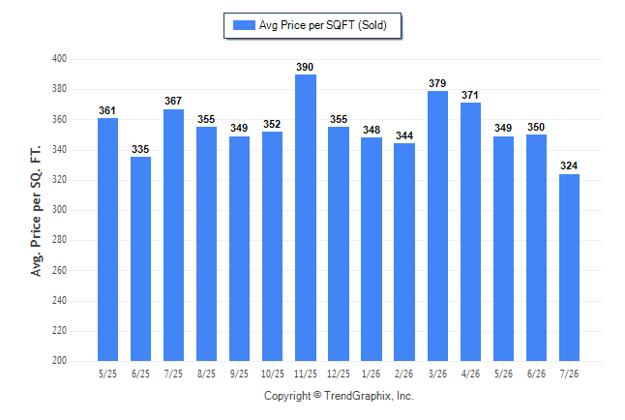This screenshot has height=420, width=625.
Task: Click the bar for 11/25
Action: pyautogui.click(x=306, y=218)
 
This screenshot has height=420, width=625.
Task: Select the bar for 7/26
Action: pyautogui.click(x=569, y=268)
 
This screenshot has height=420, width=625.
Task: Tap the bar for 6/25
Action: pyautogui.click(x=140, y=258)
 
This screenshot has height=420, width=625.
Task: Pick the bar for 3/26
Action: pyautogui.click(x=437, y=226)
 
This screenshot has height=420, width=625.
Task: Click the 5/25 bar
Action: pyautogui.click(x=107, y=239)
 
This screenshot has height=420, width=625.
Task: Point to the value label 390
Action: pyautogui.click(x=305, y=67)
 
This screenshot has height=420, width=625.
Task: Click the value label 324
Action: pyautogui.click(x=569, y=165)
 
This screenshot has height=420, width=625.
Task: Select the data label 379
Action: pyautogui.click(x=437, y=83)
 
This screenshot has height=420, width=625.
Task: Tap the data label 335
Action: pyautogui.click(x=140, y=149)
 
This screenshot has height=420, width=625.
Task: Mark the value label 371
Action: pyautogui.click(x=470, y=95)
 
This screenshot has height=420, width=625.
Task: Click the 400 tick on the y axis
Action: pyautogui.click(x=59, y=59)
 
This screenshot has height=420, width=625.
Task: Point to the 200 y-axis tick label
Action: pyautogui.click(x=59, y=360)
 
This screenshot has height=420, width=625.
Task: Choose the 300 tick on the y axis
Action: pyautogui.click(x=59, y=209)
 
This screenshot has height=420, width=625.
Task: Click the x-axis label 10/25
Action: pyautogui.click(x=273, y=374)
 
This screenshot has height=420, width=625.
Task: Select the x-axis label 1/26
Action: pyautogui.click(x=372, y=374)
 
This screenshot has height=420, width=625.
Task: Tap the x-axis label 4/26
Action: pyautogui.click(x=470, y=374)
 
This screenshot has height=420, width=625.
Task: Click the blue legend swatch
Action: pyautogui.click(x=244, y=25)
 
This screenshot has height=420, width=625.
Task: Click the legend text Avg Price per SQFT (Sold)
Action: pyautogui.click(x=323, y=25)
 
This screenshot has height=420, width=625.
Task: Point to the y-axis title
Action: pyautogui.click(x=36, y=211)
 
